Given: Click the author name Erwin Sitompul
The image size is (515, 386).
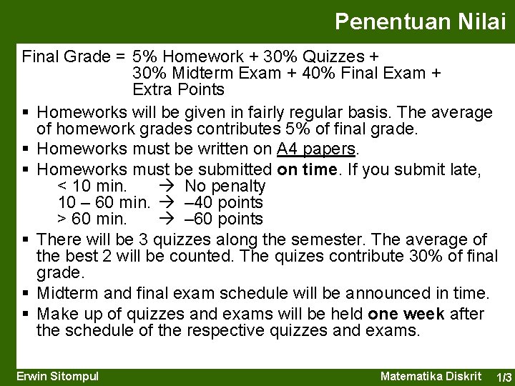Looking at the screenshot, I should click(x=58, y=376).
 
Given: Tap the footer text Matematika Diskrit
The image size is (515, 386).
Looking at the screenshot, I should click(x=433, y=376).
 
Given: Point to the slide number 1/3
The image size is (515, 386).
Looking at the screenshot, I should click(x=504, y=377).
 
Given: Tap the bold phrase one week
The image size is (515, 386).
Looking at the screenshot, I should click(x=406, y=314).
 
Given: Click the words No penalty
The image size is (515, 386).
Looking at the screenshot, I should click(x=225, y=187).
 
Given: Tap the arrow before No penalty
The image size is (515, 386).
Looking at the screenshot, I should click(x=172, y=187).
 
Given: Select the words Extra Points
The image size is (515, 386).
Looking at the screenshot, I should click(x=178, y=89).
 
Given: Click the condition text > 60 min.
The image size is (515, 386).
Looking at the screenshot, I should click(x=92, y=219).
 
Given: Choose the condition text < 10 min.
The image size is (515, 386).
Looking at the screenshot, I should click(x=92, y=187).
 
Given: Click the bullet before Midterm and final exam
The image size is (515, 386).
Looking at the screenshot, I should click(x=26, y=293).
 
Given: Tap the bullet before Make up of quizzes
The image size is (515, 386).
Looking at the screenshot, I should click(x=26, y=315).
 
